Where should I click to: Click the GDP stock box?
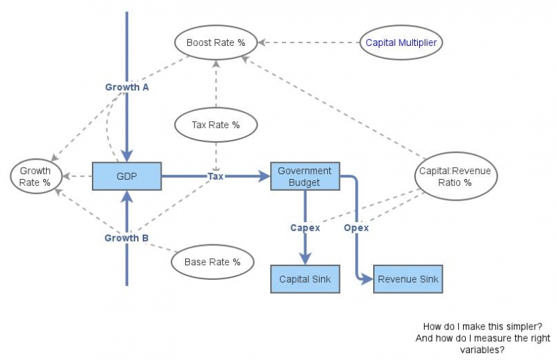[127, 177]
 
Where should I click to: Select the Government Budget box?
[304, 176]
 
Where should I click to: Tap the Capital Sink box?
[304, 279]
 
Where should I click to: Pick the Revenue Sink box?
[407, 279]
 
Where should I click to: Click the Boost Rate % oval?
[216, 42]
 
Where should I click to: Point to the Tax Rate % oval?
[216, 125]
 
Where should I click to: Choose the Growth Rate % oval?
[36, 176]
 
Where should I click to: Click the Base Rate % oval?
[212, 263]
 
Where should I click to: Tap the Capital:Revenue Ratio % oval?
[455, 177]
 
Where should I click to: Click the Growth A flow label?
[127, 88]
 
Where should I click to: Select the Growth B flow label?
[127, 238]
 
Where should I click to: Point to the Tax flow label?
[216, 177]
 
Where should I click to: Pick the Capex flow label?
[305, 228]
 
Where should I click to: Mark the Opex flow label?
[356, 228]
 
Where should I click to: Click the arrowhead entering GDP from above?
[127, 156]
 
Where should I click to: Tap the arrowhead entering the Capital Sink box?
[305, 259]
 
